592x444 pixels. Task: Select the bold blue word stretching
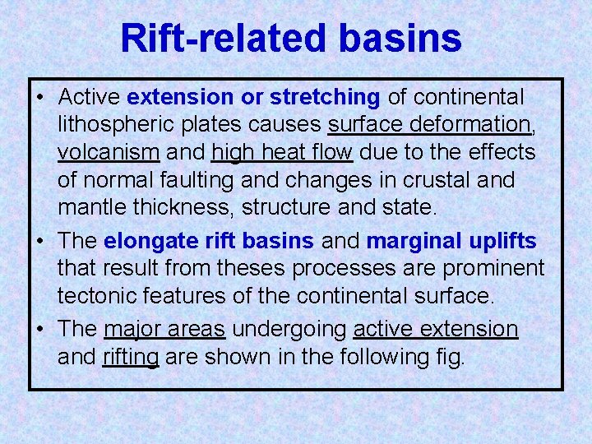pos(325,97)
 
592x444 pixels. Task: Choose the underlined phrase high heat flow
pos(282,152)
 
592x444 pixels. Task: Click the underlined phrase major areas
pos(164,329)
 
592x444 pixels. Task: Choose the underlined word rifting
pos(130,357)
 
